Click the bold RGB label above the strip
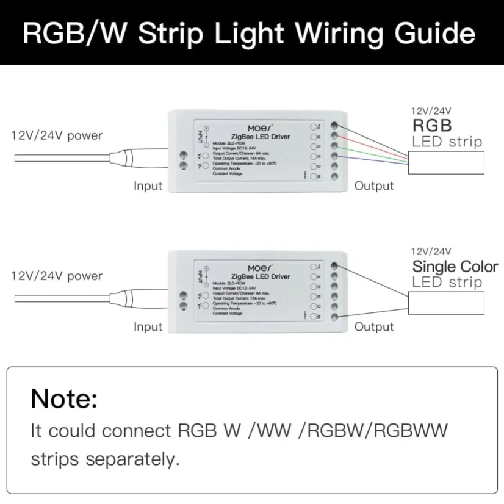click(x=432, y=126)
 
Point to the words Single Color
click(x=455, y=267)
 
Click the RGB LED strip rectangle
click(x=447, y=162)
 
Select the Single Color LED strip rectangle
click(x=447, y=303)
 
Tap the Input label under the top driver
click(x=148, y=185)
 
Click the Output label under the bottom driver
click(x=374, y=326)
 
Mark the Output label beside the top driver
click(x=374, y=185)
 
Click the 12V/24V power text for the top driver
click(x=57, y=135)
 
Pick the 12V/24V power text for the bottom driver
click(x=57, y=276)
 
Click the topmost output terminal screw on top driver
click(x=334, y=124)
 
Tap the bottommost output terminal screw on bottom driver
click(x=334, y=316)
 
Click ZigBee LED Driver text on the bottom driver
click(x=261, y=277)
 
